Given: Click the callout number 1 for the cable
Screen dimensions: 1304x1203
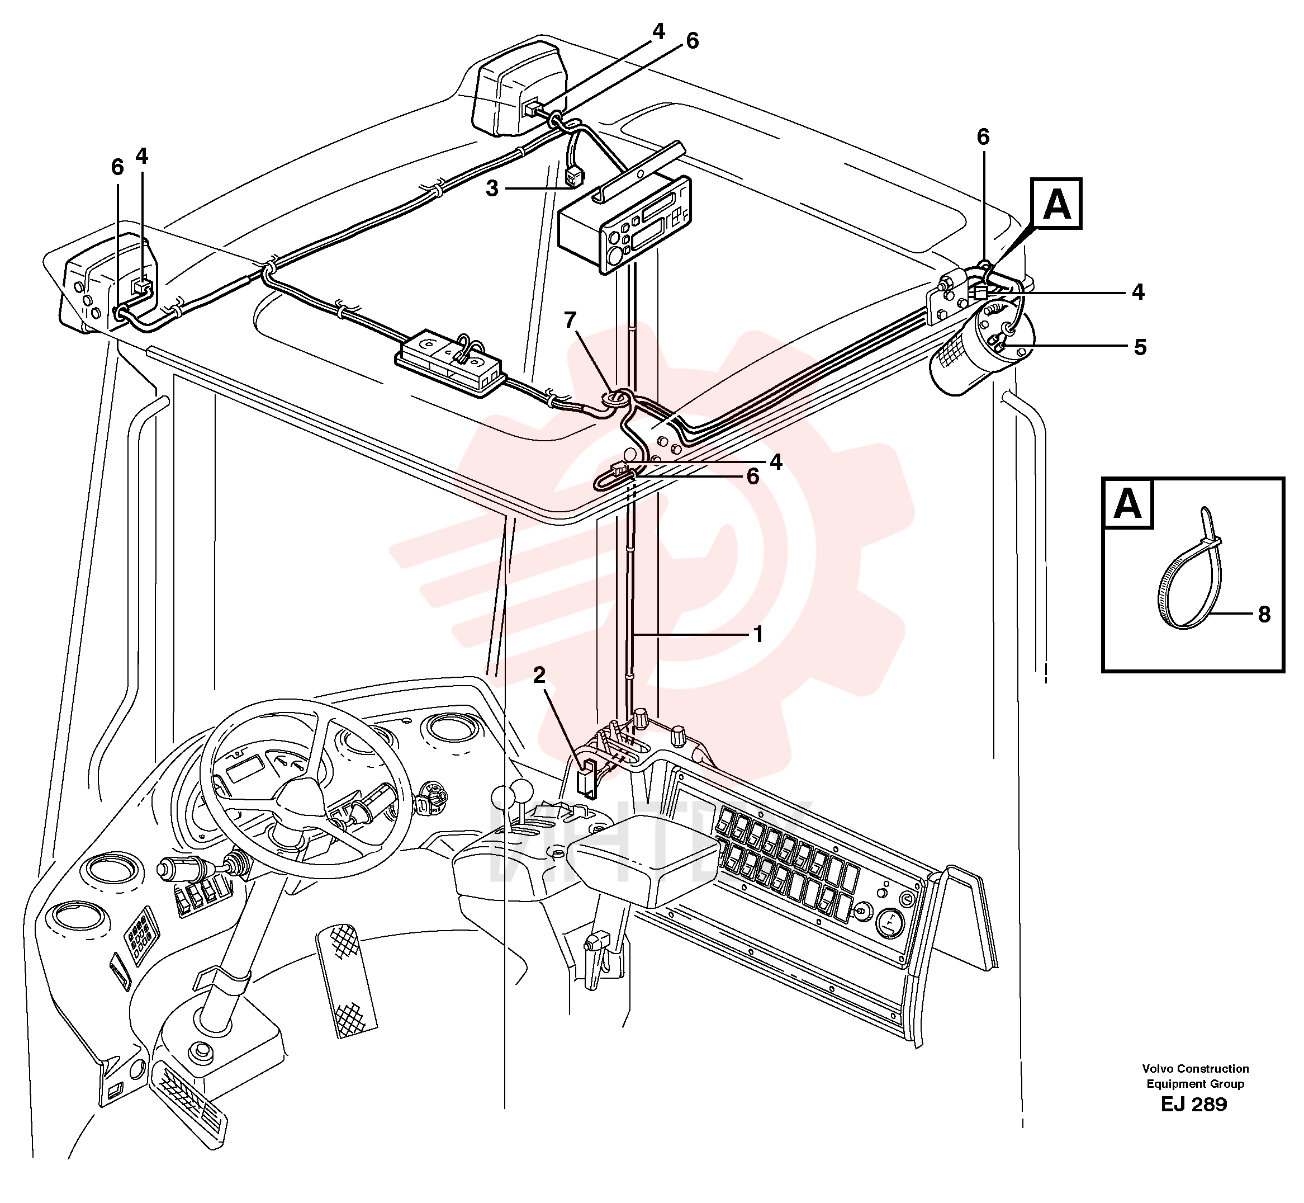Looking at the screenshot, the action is click(757, 634).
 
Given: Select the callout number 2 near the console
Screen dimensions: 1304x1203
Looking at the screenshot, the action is click(539, 676).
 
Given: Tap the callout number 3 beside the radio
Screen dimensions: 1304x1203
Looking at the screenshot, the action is click(492, 189).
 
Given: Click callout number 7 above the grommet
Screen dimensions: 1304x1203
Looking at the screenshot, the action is click(570, 320).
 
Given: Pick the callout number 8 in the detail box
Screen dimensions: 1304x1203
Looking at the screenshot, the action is click(1264, 614).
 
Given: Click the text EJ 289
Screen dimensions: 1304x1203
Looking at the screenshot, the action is click(1194, 1104).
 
